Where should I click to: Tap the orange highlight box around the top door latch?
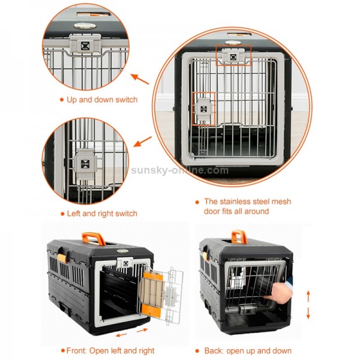click(x=233, y=55)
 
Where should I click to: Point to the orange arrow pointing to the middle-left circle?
click(x=142, y=142)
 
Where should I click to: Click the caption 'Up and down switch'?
click(x=101, y=100)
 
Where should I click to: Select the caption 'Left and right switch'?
click(x=101, y=213)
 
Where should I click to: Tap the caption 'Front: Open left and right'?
click(x=110, y=350)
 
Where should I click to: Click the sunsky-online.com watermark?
click(x=180, y=170)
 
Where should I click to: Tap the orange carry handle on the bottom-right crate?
click(x=238, y=235)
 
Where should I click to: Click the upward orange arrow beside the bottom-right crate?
click(x=308, y=295)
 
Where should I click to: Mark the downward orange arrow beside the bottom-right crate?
click(x=308, y=313)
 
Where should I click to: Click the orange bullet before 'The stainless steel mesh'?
click(x=197, y=202)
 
